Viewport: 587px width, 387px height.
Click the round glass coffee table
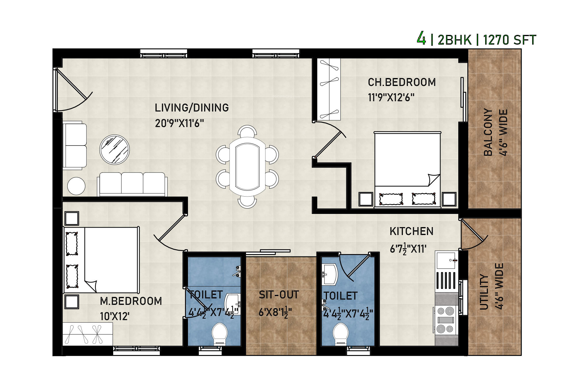(114, 149)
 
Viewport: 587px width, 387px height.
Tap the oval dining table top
(247, 167)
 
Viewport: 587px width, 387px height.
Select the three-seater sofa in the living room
(132, 184)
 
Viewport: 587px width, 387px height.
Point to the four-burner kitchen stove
(446, 320)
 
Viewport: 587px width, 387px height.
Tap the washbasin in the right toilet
(330, 274)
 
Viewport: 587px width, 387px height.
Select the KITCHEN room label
(411, 231)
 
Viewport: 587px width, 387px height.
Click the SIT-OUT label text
(279, 295)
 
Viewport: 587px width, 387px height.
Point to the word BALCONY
(488, 132)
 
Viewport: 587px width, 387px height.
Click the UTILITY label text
(484, 292)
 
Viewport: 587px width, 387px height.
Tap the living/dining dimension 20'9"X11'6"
(179, 123)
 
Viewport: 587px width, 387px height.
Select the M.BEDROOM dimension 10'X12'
(115, 316)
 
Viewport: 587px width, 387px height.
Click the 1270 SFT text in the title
(510, 40)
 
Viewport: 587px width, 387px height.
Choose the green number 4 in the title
(421, 38)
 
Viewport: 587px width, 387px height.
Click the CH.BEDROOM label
(402, 82)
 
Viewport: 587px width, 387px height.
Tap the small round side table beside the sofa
(76, 186)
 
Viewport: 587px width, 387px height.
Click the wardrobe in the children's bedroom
(329, 89)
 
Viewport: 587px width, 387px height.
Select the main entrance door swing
(73, 90)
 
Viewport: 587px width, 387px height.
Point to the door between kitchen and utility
(473, 235)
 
